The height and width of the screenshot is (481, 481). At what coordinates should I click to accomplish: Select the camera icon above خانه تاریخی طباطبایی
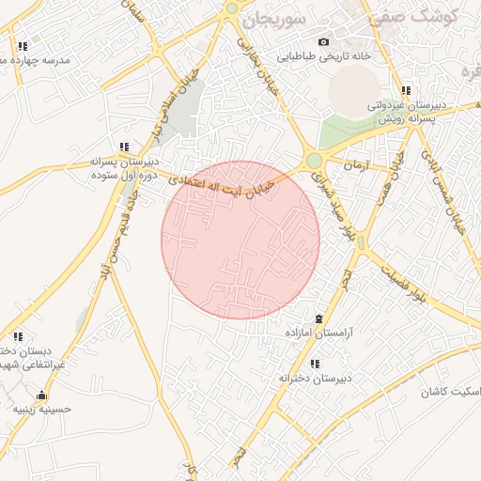[x=324, y=41]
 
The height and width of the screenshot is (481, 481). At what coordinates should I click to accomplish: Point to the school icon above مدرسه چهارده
[x=22, y=45]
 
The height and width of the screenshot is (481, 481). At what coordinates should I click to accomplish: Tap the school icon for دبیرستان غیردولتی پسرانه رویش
[x=406, y=91]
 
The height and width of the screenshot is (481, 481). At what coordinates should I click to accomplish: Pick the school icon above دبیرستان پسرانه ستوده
[x=124, y=146]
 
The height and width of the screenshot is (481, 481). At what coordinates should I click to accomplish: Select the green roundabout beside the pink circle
[x=314, y=162]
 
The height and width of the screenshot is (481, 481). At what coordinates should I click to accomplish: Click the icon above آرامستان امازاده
[x=319, y=319]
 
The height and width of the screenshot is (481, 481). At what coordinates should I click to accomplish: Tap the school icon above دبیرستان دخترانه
[x=314, y=364]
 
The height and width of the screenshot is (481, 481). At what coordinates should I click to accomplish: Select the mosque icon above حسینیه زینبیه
[x=40, y=395]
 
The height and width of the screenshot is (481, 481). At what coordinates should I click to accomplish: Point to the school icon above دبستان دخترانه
[x=18, y=335]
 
